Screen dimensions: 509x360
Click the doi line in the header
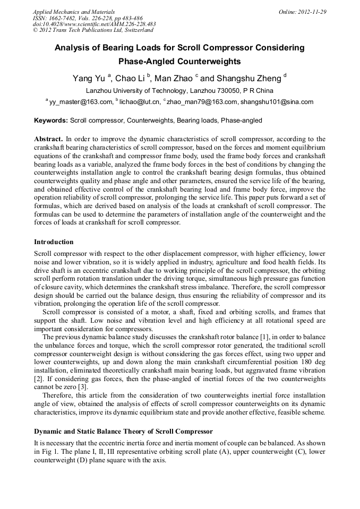(x=95, y=24)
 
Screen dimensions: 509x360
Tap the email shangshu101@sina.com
(x=276, y=102)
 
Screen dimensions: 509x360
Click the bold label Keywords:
(x=51, y=120)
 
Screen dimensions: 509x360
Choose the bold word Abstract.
(x=48, y=138)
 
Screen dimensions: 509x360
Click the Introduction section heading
(x=54, y=242)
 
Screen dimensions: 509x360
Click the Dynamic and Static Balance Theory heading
(x=123, y=431)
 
